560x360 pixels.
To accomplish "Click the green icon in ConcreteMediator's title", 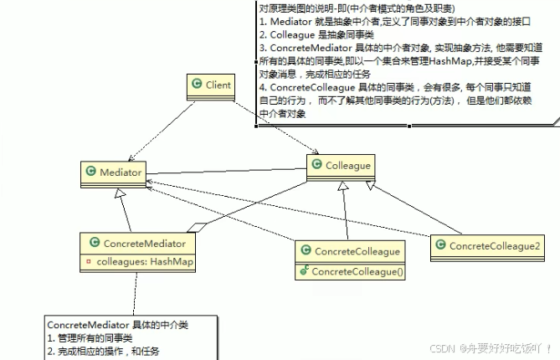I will coord(93,244).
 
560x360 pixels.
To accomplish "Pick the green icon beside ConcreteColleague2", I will coord(440,245).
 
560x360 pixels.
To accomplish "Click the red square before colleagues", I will coord(89,262).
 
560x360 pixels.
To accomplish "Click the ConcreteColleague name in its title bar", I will coord(357,251).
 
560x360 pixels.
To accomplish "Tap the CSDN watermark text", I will coord(494,347).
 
